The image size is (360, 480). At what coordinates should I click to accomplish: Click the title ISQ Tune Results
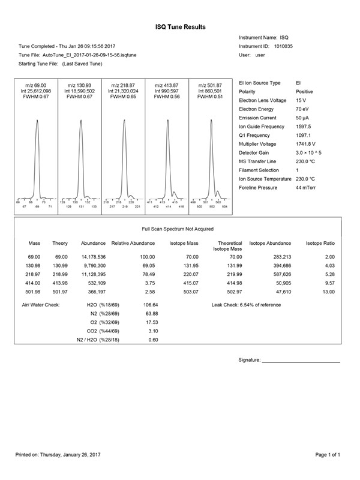180,27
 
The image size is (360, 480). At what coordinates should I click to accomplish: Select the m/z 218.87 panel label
123,85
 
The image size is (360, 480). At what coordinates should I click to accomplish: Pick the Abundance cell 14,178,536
94,256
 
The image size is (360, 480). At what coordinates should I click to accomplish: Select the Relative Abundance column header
133,244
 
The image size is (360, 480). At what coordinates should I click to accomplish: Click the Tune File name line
73,55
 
